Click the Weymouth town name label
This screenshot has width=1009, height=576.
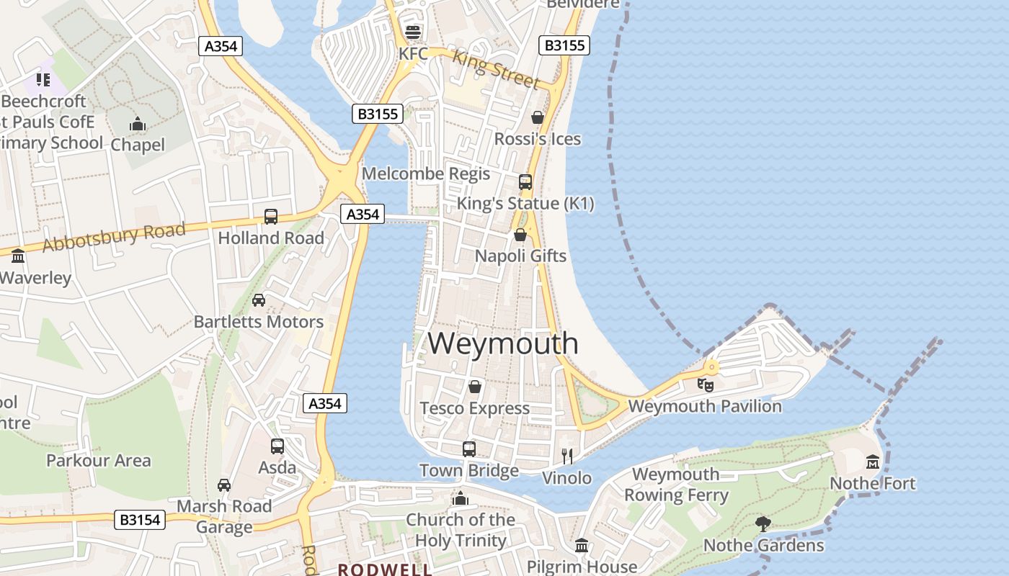coord(503,343)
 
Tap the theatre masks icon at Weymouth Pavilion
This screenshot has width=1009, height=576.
coord(706,384)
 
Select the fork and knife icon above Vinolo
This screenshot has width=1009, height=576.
coord(567,456)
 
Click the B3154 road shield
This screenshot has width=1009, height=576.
coord(140,519)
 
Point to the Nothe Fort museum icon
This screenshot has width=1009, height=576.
coord(873,461)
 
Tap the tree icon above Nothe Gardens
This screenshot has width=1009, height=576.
coord(763,523)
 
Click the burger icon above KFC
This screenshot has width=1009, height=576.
coord(413,32)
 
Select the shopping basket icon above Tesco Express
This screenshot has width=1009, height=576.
coord(475,387)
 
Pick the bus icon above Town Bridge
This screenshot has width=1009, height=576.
coord(469,449)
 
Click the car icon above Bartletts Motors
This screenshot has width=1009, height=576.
coord(259,300)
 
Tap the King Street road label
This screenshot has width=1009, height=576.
coord(496,69)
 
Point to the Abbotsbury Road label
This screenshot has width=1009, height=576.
coord(114,237)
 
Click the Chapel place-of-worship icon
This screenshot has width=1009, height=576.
coord(138,125)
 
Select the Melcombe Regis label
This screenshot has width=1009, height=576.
coord(426,174)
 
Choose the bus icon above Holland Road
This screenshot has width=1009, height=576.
coord(271,216)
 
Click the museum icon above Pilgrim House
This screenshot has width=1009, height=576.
coord(582,545)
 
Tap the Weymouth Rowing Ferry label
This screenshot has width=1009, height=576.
coord(676,485)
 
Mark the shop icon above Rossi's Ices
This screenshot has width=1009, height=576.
coord(538,117)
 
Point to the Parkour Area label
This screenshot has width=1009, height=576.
coord(99,460)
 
